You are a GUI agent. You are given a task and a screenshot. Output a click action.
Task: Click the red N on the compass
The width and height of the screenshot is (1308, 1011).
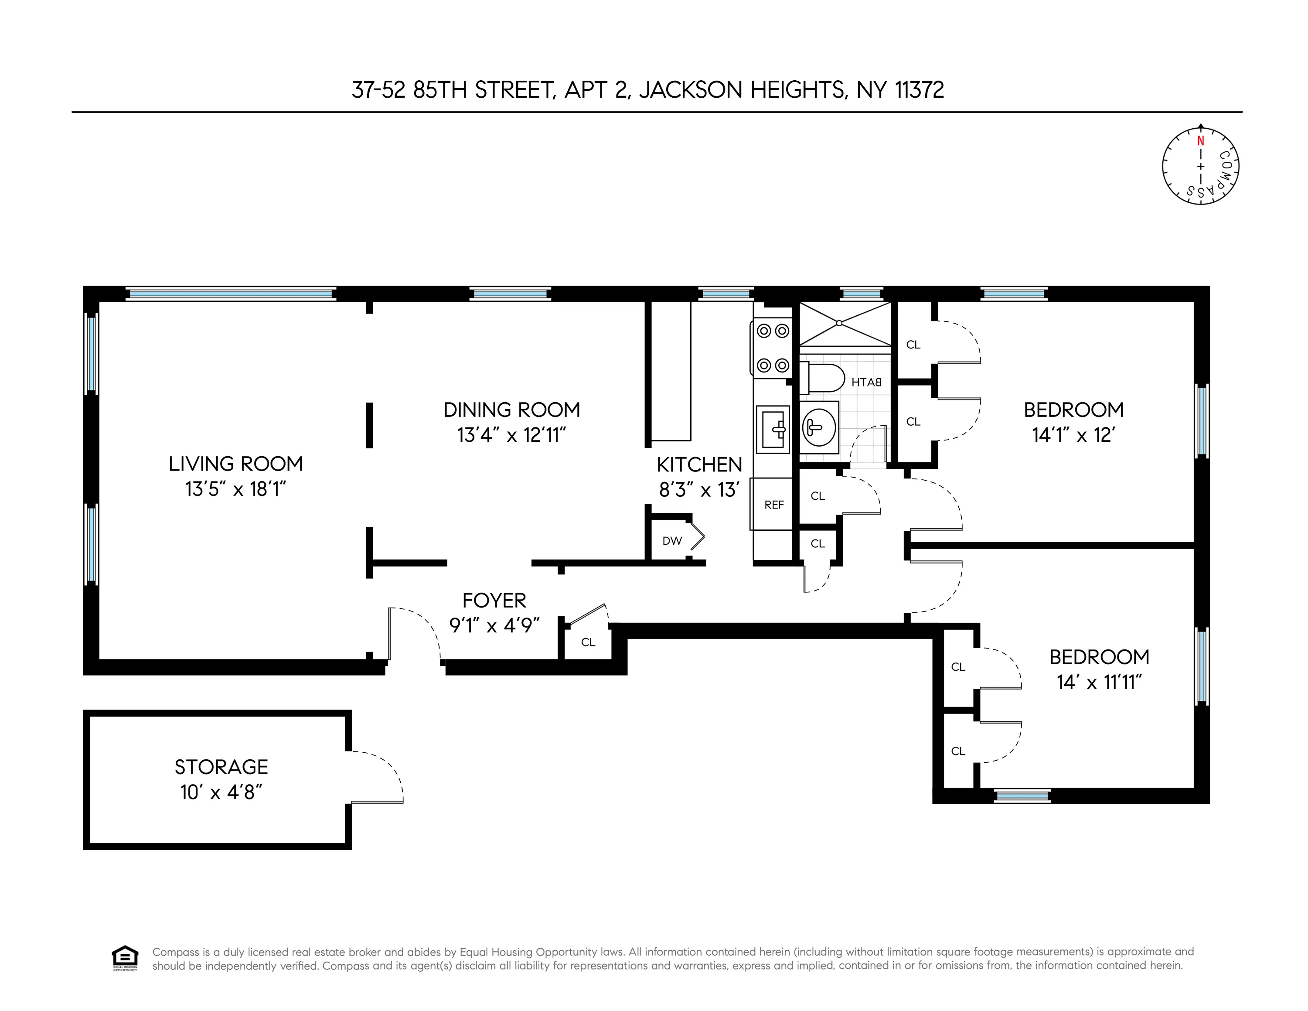pyautogui.click(x=1200, y=141)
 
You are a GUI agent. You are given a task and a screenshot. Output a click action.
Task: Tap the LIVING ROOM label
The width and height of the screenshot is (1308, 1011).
pyautogui.click(x=235, y=464)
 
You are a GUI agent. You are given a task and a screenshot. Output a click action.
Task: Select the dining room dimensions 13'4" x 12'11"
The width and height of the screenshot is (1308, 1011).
pyautogui.click(x=511, y=435)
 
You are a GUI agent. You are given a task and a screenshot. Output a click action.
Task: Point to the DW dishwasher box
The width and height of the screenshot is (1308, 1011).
pyautogui.click(x=672, y=541)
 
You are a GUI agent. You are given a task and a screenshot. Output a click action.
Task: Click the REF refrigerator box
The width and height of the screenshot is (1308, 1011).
pyautogui.click(x=773, y=504)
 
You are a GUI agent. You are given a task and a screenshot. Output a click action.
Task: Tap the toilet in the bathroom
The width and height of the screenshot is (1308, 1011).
pyautogui.click(x=824, y=378)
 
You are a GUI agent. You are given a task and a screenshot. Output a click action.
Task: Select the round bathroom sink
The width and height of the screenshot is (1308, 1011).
pyautogui.click(x=819, y=427)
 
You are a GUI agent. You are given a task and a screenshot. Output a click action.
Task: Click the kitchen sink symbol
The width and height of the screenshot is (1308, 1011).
pyautogui.click(x=773, y=429)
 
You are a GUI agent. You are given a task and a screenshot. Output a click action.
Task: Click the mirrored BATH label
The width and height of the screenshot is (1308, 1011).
pyautogui.click(x=866, y=382)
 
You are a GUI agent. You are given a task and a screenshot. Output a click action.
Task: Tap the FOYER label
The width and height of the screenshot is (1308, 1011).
pyautogui.click(x=494, y=600)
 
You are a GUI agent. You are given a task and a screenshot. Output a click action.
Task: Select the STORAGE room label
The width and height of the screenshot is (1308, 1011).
pyautogui.click(x=221, y=767)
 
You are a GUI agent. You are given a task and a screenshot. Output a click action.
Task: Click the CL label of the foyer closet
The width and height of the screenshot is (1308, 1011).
pyautogui.click(x=588, y=642)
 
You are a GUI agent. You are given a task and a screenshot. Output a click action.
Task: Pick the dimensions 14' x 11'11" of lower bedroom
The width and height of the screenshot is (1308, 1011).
pyautogui.click(x=1100, y=682)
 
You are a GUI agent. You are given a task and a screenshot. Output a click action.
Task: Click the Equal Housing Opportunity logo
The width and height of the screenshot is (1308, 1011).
pyautogui.click(x=125, y=958)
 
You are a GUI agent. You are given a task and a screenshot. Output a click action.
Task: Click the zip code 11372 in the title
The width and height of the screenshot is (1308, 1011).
pyautogui.click(x=920, y=90)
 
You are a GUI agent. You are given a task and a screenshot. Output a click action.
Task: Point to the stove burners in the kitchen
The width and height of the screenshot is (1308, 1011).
pyautogui.click(x=773, y=347)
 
